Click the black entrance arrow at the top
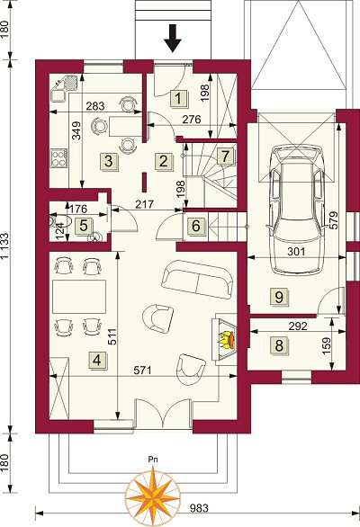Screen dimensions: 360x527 [x=173, y=39]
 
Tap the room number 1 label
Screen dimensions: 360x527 [x=179, y=99]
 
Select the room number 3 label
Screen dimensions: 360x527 [x=109, y=161]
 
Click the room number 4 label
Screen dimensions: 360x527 [x=97, y=361]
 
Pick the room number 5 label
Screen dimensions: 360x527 [x=84, y=226]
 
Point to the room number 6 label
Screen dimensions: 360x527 [x=196, y=226]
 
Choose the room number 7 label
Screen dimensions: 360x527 [x=225, y=156]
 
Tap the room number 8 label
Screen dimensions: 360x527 [x=279, y=345]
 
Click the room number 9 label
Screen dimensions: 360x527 [x=279, y=297]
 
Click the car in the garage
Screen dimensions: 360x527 [x=296, y=210]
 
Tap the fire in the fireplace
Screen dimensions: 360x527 [x=226, y=341]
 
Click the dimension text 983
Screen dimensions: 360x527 [x=199, y=508]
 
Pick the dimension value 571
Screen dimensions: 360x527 [x=143, y=371]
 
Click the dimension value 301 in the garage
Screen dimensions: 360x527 [x=296, y=252]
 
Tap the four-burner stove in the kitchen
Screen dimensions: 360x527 [x=58, y=158]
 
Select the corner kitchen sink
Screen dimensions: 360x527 [x=64, y=88]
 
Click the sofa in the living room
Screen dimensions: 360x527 [x=197, y=280]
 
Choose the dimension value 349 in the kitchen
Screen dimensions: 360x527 [x=77, y=130]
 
